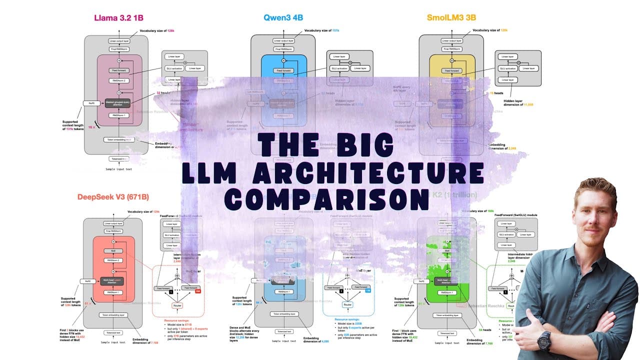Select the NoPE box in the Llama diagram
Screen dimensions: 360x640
[x=91, y=103]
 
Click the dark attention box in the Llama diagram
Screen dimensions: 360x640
[x=117, y=103]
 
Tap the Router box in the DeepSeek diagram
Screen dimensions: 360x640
[x=177, y=305]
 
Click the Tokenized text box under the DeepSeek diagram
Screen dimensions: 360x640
[x=115, y=332]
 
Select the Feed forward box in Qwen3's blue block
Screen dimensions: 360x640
[x=283, y=70]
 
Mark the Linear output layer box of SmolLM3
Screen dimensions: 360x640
[x=451, y=41]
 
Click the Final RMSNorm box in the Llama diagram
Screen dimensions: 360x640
[x=117, y=49]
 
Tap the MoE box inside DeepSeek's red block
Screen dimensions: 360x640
[x=113, y=250]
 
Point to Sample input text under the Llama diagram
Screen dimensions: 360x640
[x=119, y=169]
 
